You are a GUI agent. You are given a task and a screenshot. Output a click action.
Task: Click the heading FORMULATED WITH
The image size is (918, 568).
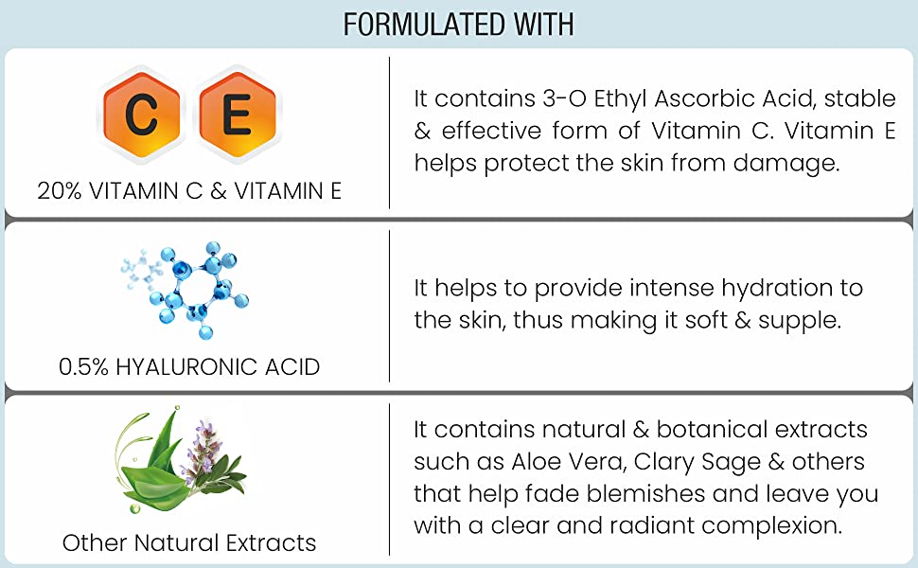coord(458,25)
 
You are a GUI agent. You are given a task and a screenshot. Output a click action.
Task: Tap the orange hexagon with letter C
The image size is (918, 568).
coord(141,114)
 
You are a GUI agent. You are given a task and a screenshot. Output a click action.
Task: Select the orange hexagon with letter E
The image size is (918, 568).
coord(238,114)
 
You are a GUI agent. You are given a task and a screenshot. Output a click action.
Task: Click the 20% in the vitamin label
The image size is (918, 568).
coord(59,191)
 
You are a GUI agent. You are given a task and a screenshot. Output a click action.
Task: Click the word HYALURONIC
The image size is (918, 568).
coord(186,367)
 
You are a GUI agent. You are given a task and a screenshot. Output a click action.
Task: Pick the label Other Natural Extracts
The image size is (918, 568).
coord(189,542)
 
